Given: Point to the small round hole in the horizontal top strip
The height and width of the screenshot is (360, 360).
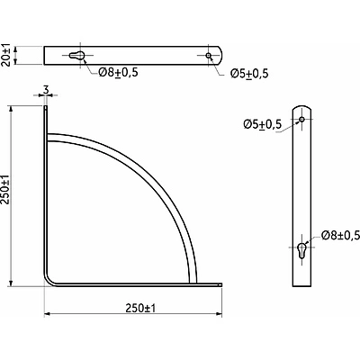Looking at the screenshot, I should pos(209,56).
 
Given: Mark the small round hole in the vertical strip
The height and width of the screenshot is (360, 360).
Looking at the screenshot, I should pos(303,119).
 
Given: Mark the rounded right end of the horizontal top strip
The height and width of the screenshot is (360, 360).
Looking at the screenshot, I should pos(221,56).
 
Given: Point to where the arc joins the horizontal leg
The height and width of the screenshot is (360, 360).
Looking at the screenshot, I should pos(192,282).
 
